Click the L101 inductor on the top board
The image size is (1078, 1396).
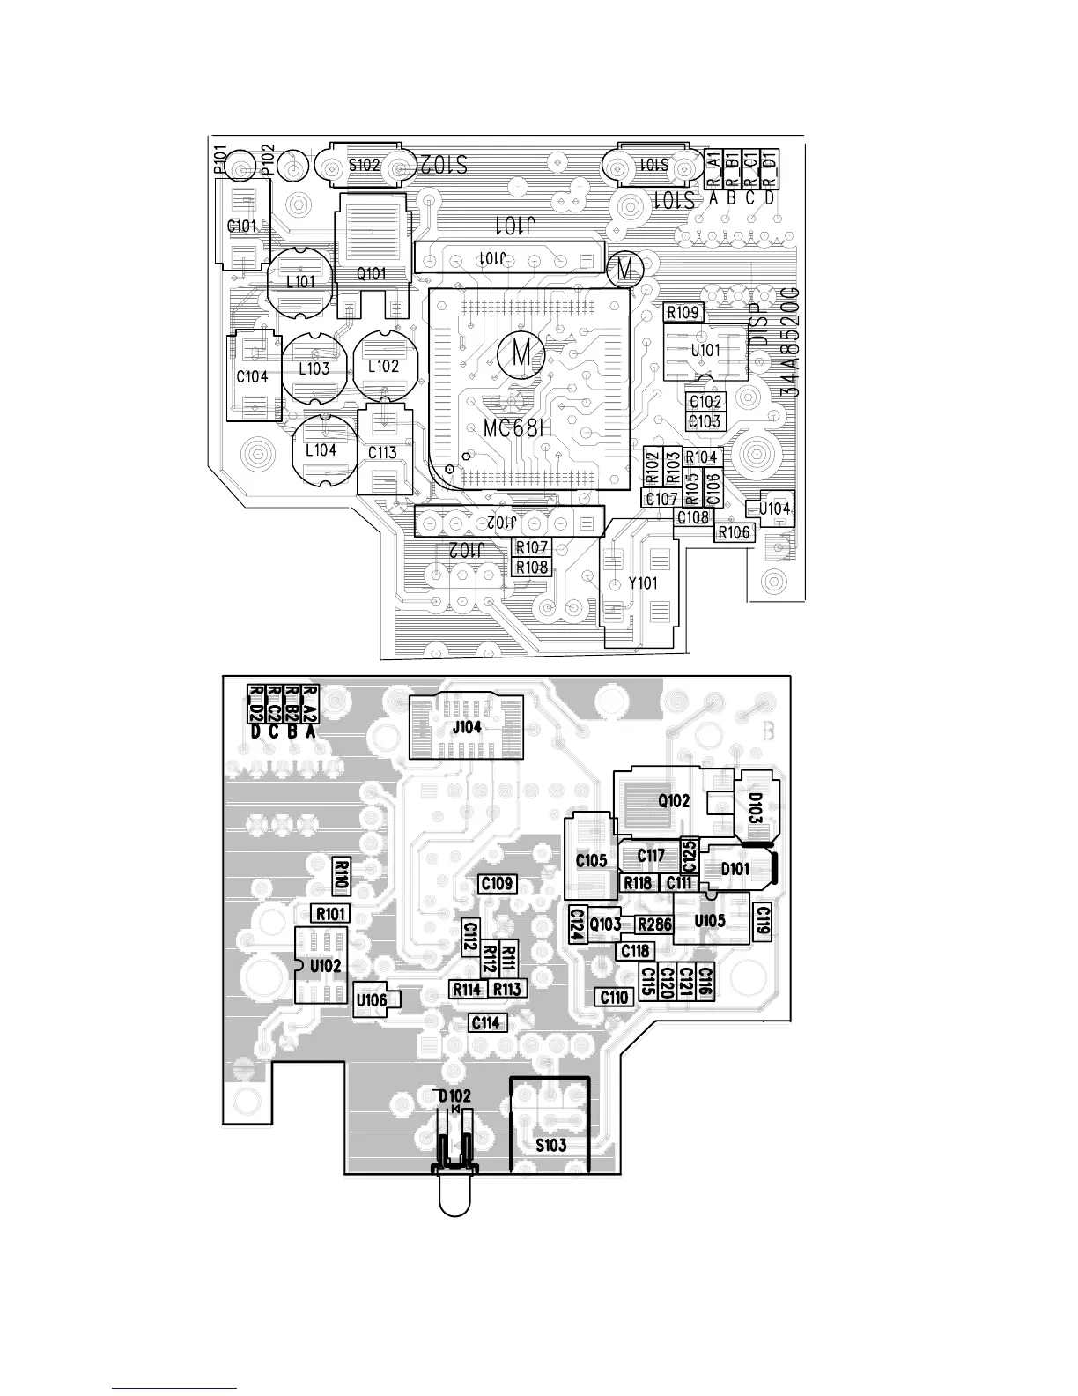(x=300, y=282)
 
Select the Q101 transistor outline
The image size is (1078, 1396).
(x=372, y=273)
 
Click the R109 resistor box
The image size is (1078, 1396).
(x=683, y=312)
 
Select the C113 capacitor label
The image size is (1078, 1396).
(x=382, y=452)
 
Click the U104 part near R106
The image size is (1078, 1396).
(x=774, y=509)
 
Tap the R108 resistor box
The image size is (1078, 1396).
(x=532, y=567)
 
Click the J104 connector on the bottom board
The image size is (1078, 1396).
(x=467, y=727)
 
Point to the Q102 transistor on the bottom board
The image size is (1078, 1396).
(x=674, y=801)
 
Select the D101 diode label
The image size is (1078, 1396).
(x=735, y=869)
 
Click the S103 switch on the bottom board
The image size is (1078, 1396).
(x=551, y=1145)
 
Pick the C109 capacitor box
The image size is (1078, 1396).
(x=497, y=883)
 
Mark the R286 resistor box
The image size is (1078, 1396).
(x=654, y=924)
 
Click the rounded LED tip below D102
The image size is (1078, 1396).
(x=454, y=1199)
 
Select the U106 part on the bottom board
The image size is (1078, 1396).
(x=372, y=1000)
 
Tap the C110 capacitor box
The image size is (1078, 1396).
(x=615, y=997)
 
